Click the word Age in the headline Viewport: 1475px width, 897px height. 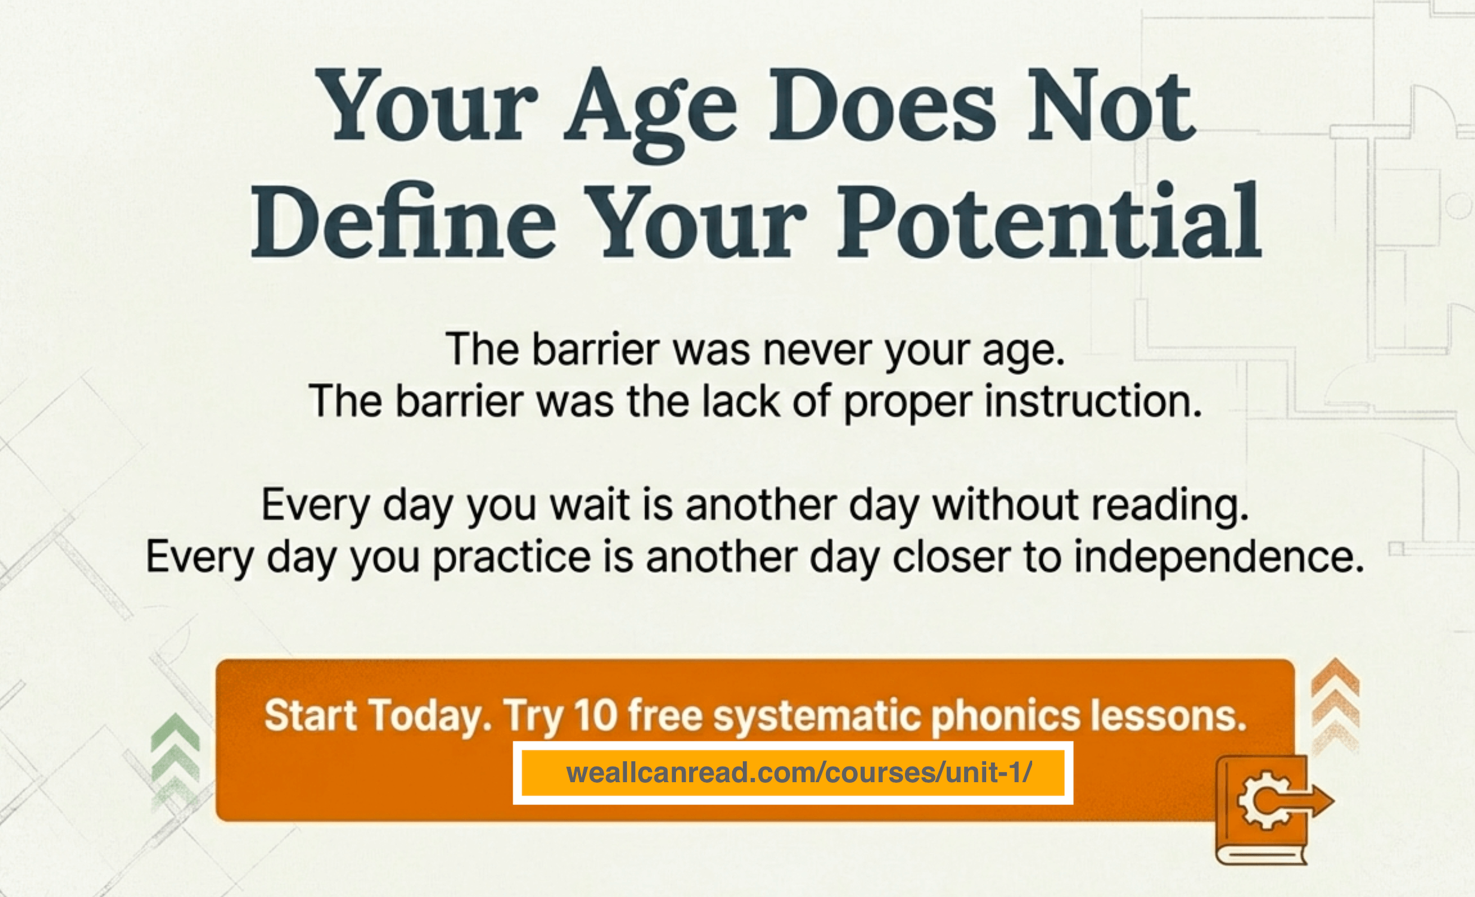(x=651, y=114)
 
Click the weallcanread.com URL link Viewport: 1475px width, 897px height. (x=798, y=772)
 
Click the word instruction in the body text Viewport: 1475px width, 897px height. (x=1094, y=401)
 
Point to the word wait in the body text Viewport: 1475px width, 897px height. (x=589, y=505)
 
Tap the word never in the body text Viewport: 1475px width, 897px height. (x=817, y=350)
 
